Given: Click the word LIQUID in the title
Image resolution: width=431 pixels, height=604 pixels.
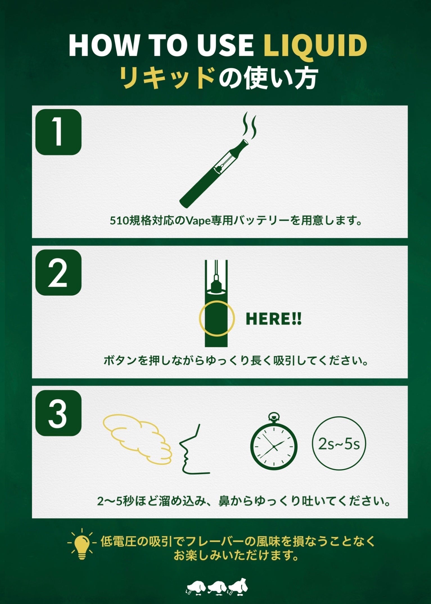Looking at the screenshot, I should tap(315, 46).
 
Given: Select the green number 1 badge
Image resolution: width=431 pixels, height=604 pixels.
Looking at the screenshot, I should tap(58, 132).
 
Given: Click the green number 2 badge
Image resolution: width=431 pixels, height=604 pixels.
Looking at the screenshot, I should tap(58, 272).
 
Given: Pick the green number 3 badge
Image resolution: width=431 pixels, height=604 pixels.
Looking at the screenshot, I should tap(58, 413).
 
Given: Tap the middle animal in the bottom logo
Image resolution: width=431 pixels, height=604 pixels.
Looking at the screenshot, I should tap(217, 587).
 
